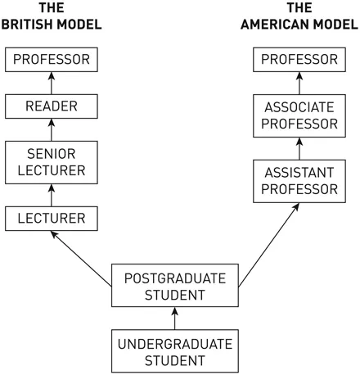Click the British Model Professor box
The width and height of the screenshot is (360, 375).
click(x=51, y=60)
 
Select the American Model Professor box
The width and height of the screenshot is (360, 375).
click(x=300, y=60)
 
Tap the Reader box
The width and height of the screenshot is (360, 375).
click(x=51, y=106)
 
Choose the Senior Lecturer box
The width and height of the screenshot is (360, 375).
click(x=51, y=161)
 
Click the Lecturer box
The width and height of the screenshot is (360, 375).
click(x=51, y=219)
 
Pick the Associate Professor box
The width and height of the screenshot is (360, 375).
click(x=300, y=115)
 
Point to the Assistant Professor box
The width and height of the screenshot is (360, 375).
click(x=300, y=181)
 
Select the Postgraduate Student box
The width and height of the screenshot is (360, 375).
click(x=174, y=286)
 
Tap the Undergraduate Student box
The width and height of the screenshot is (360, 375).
click(x=174, y=351)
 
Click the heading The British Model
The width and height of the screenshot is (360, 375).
click(x=51, y=16)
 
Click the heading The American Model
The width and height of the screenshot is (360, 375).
click(x=300, y=16)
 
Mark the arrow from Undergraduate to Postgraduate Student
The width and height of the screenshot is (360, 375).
click(x=174, y=319)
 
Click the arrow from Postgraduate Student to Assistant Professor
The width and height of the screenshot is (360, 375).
click(x=267, y=246)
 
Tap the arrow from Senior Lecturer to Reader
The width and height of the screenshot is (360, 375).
click(x=51, y=129)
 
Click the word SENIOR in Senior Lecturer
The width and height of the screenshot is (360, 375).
click(x=51, y=153)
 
